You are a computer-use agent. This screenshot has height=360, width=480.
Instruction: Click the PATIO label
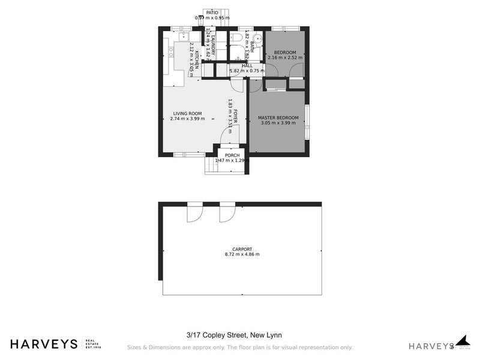coord(212,12)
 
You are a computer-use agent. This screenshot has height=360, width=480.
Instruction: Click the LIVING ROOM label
coord(187,113)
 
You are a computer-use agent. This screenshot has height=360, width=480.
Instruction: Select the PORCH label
coord(232,155)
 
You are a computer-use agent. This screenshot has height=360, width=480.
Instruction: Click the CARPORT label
coord(242,249)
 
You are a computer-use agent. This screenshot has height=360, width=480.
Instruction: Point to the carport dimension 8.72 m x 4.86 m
coord(242,254)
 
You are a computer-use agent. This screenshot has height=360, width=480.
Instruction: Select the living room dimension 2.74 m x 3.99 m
coord(187,119)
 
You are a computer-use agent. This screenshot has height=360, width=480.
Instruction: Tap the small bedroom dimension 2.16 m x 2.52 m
coord(285,58)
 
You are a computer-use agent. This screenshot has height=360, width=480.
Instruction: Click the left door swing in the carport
coord(194,214)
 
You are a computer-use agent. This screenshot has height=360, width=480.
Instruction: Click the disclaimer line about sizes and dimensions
coord(239,347)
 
